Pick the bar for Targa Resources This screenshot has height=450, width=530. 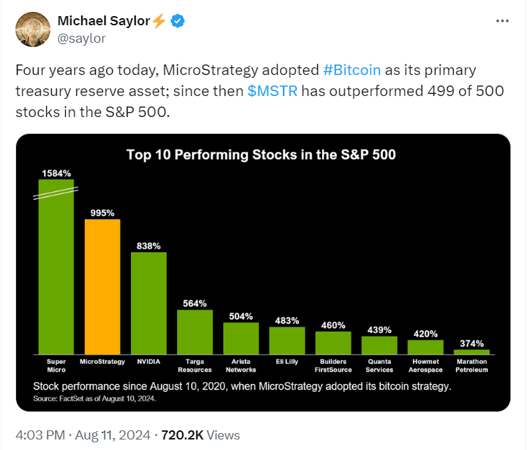coord(195,332)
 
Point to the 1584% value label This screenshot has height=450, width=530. coord(56,172)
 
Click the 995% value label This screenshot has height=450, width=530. coord(102,212)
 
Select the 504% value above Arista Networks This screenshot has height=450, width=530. coord(241,315)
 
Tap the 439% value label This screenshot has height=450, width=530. coord(379,329)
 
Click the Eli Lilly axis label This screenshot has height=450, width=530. coord(286,362)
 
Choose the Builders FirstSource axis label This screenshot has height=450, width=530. coord(333,365)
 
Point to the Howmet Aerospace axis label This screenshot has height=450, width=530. coord(425,365)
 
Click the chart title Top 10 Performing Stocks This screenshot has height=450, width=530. coord(260,154)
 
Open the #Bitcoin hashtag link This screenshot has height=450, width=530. coord(352,70)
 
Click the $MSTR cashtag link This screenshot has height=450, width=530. coord(272,92)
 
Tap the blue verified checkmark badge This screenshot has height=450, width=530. coord(179,21)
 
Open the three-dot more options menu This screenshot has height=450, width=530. coord(502,21)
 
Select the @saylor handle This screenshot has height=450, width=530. coord(81,39)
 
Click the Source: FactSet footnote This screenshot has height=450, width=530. coord(95,398)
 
